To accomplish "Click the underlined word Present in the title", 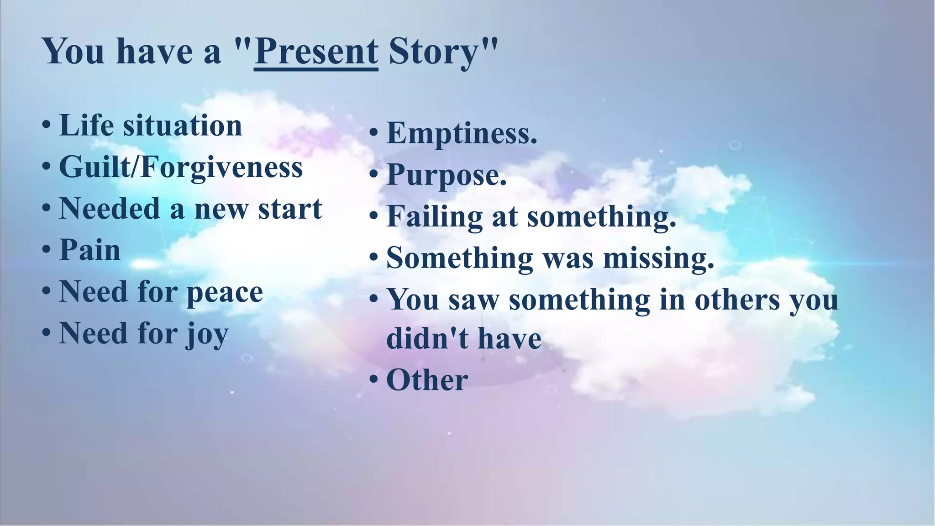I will (x=316, y=51).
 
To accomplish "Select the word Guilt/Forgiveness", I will (x=181, y=168).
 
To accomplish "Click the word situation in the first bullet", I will (x=182, y=126).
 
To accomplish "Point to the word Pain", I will (x=90, y=250).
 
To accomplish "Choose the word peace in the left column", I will (x=225, y=292).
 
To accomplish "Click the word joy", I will (x=207, y=334).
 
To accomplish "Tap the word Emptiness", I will (x=462, y=133).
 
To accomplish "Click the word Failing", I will (x=435, y=216).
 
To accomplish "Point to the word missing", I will (x=658, y=258).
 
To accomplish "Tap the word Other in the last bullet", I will (x=427, y=380).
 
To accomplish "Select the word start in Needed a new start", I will (x=290, y=209).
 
